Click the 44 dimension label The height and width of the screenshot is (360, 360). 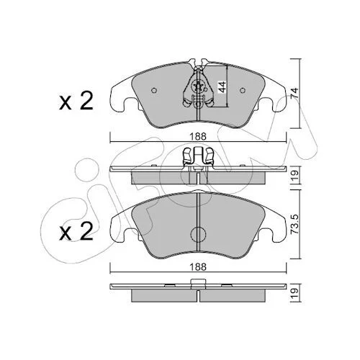point(222,87)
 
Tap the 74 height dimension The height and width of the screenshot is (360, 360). point(294,93)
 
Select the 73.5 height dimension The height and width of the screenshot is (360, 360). point(295,224)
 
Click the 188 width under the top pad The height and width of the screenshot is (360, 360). point(198,137)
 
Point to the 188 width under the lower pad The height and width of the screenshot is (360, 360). point(198,267)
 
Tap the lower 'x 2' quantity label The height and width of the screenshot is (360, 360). point(76,231)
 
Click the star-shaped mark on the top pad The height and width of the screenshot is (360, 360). point(198,86)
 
